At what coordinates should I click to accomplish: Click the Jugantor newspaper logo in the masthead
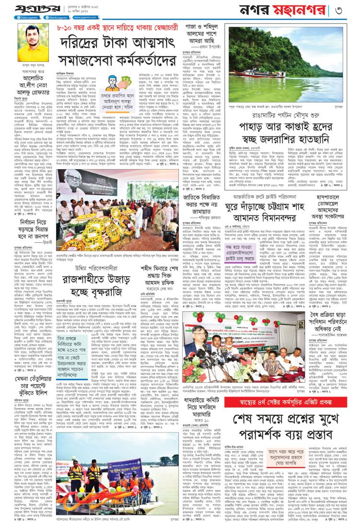pos(28,9)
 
